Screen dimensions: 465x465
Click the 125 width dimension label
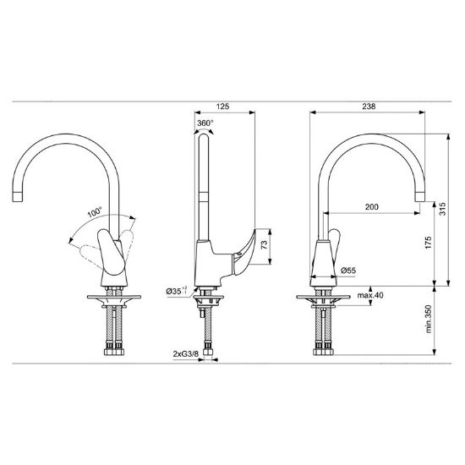pos(222,107)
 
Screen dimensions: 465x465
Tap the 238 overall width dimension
pos(369,107)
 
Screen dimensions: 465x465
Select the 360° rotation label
pos(205,123)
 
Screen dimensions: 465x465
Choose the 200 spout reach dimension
pos(372,206)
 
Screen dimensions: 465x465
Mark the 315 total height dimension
pos(442,209)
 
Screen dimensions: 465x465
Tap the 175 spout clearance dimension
pos(428,243)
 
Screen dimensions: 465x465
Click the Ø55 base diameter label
pos(348,271)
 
